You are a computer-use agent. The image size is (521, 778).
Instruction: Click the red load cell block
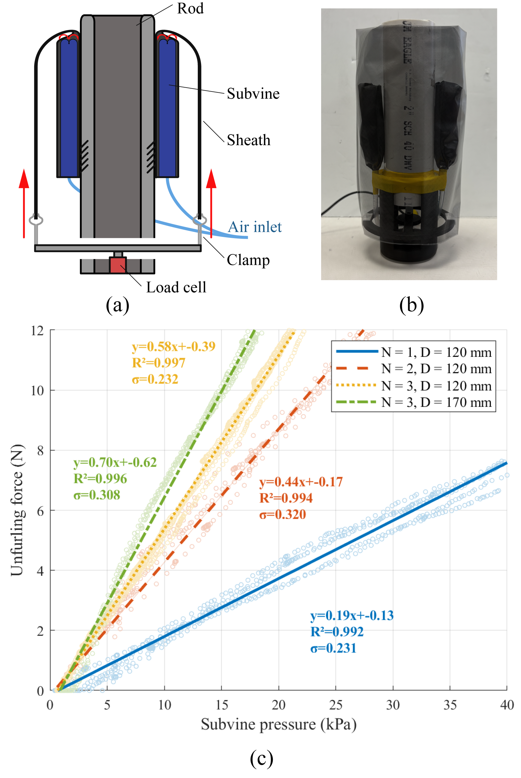118,265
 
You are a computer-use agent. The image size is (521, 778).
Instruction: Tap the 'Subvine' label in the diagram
253,94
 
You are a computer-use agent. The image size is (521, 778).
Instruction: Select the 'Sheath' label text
248,140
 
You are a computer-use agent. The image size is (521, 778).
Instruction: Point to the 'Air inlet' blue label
254,227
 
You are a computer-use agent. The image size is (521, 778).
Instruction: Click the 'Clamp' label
248,260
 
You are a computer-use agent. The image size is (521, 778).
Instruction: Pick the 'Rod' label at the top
190,9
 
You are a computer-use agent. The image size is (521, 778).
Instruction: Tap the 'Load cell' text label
176,288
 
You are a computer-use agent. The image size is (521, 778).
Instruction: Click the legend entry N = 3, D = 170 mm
436,402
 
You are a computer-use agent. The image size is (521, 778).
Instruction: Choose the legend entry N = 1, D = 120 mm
436,352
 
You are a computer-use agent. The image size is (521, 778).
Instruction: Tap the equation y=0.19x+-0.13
351,616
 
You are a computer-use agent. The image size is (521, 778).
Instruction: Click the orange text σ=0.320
282,514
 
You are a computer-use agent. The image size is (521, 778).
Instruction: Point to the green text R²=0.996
100,478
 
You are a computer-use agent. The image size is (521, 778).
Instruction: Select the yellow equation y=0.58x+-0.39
173,346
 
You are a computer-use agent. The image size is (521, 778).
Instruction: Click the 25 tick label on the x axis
335,705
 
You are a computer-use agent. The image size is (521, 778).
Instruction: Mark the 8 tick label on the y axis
40,451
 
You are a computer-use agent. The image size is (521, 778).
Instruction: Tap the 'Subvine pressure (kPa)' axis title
279,725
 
